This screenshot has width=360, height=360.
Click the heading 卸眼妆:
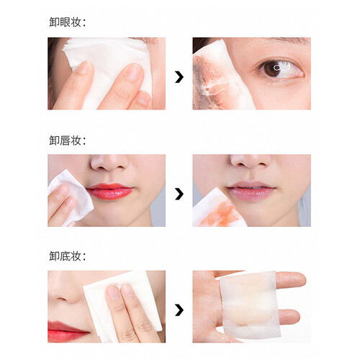coord(68,22)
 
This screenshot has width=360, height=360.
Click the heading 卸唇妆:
coord(68,140)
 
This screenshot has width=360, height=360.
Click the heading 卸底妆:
coord(68,256)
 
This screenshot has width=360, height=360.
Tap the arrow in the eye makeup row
coord(179,77)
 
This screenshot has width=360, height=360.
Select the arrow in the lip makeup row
coord(179,194)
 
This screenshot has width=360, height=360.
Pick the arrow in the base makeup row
coord(179,310)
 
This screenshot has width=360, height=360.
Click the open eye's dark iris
coord(272,69)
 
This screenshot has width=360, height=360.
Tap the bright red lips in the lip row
coord(109,191)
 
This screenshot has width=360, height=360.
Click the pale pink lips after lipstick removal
coord(251,191)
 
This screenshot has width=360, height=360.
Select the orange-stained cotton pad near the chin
coord(218,208)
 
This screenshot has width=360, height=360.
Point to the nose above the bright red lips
coord(109,162)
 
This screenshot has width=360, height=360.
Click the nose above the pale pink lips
coord(251,161)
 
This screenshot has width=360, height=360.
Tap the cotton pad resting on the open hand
coord(251,305)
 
